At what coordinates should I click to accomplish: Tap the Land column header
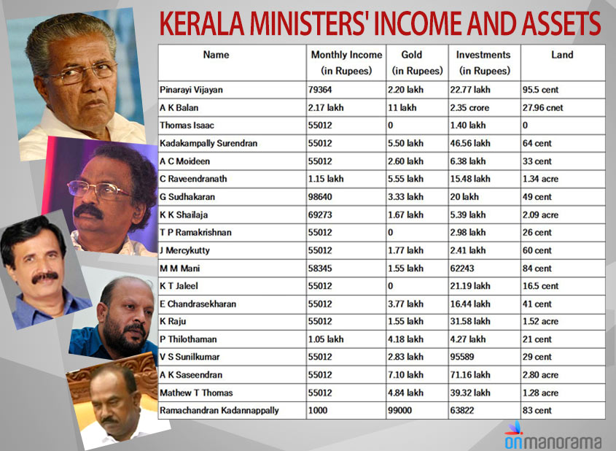point(562,55)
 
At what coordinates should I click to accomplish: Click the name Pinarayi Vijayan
point(192,90)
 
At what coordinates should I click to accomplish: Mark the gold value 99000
point(402,410)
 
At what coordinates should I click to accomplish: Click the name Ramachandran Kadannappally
point(219,410)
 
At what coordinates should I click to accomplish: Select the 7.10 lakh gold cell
point(406,374)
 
